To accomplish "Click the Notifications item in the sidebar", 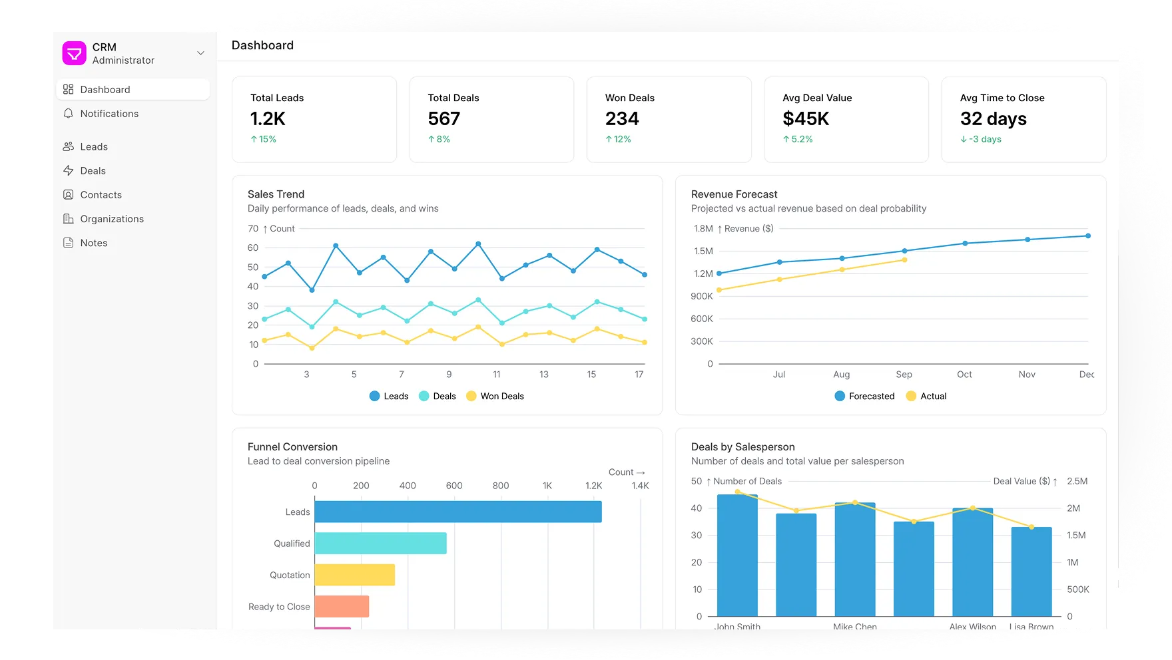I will pyautogui.click(x=109, y=114).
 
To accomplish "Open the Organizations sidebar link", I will pyautogui.click(x=112, y=219).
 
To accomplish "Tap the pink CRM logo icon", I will pyautogui.click(x=75, y=53).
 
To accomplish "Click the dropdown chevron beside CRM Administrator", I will pyautogui.click(x=200, y=53).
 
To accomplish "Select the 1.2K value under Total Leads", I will pyautogui.click(x=268, y=118).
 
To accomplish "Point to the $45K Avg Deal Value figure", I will pyautogui.click(x=806, y=118).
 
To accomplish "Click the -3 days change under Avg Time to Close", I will pyautogui.click(x=981, y=139).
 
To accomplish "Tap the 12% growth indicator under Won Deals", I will pyautogui.click(x=618, y=139).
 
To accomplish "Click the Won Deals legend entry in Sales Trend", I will pyautogui.click(x=495, y=396).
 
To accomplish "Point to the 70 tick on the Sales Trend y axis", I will pyautogui.click(x=253, y=228).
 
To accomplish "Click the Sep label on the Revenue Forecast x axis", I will pyautogui.click(x=904, y=375).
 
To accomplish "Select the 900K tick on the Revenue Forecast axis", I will pyautogui.click(x=702, y=296).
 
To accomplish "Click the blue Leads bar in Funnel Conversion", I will pyautogui.click(x=458, y=512).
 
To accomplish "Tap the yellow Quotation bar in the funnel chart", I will pyautogui.click(x=354, y=575).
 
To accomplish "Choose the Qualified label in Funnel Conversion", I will pyautogui.click(x=292, y=544).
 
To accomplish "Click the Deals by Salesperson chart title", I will pyautogui.click(x=742, y=447).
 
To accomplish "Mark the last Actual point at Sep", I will pyautogui.click(x=904, y=259).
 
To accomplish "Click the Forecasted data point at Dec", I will pyautogui.click(x=1088, y=236).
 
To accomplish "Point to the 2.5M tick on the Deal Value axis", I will pyautogui.click(x=1077, y=481).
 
